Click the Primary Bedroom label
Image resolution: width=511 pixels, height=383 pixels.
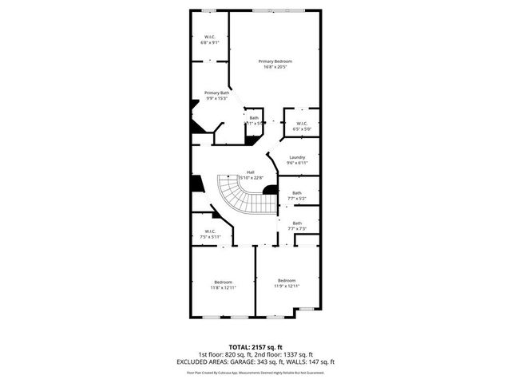[x=275, y=61]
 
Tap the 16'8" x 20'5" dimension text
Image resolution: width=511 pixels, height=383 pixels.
[x=275, y=67]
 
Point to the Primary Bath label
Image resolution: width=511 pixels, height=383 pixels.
[x=216, y=93]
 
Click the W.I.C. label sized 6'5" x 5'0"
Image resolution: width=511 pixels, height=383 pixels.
[x=302, y=123]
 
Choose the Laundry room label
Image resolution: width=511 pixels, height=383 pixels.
[x=297, y=157]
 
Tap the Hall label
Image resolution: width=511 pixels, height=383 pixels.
[x=250, y=172]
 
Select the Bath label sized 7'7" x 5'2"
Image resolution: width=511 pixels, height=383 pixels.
[x=297, y=192]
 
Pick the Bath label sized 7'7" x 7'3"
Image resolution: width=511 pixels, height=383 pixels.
[x=297, y=223]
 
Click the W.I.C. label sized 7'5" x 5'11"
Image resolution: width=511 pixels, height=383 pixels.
[x=211, y=232]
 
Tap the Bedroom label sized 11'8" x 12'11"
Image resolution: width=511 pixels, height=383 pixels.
[x=223, y=282]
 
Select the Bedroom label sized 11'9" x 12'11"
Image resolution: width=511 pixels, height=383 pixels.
[x=287, y=280]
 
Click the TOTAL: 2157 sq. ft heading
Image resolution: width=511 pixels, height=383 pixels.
[x=255, y=348]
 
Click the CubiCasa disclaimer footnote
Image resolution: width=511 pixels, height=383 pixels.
[x=255, y=372]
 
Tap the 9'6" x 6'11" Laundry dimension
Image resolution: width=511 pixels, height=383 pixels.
[x=297, y=163]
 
